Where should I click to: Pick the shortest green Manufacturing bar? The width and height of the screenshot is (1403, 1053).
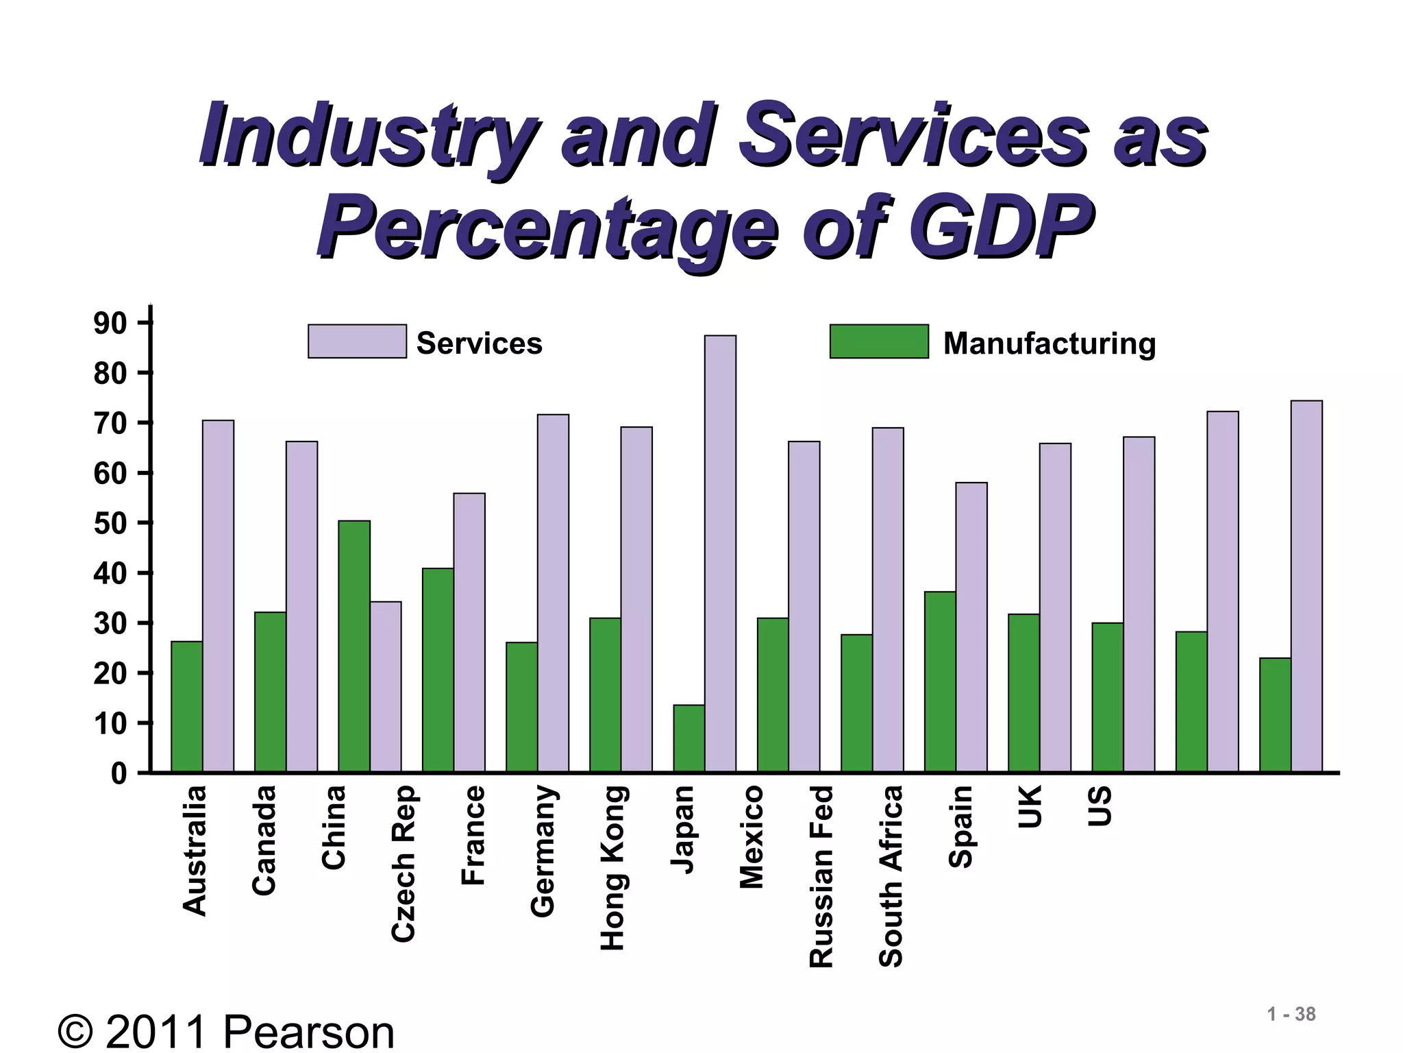(688, 738)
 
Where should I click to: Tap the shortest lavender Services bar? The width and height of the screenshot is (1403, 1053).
(386, 687)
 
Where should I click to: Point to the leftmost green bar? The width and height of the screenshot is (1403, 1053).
(186, 707)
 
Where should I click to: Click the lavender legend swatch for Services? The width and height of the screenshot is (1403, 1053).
(357, 341)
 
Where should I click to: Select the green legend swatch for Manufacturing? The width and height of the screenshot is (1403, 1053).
(879, 341)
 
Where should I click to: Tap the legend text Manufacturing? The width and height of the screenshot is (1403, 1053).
(1049, 343)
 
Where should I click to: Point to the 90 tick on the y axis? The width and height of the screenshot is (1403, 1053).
(110, 323)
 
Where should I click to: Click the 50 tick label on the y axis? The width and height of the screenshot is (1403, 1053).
(110, 523)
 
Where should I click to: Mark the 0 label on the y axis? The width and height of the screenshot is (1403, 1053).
(119, 774)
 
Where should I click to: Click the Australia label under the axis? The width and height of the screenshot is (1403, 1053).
(195, 851)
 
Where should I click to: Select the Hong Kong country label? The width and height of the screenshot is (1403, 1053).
(612, 868)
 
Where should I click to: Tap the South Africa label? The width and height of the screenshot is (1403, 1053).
(891, 876)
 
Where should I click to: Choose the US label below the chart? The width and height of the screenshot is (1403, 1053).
(1100, 806)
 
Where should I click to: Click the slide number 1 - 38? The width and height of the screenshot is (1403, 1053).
(1291, 1015)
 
